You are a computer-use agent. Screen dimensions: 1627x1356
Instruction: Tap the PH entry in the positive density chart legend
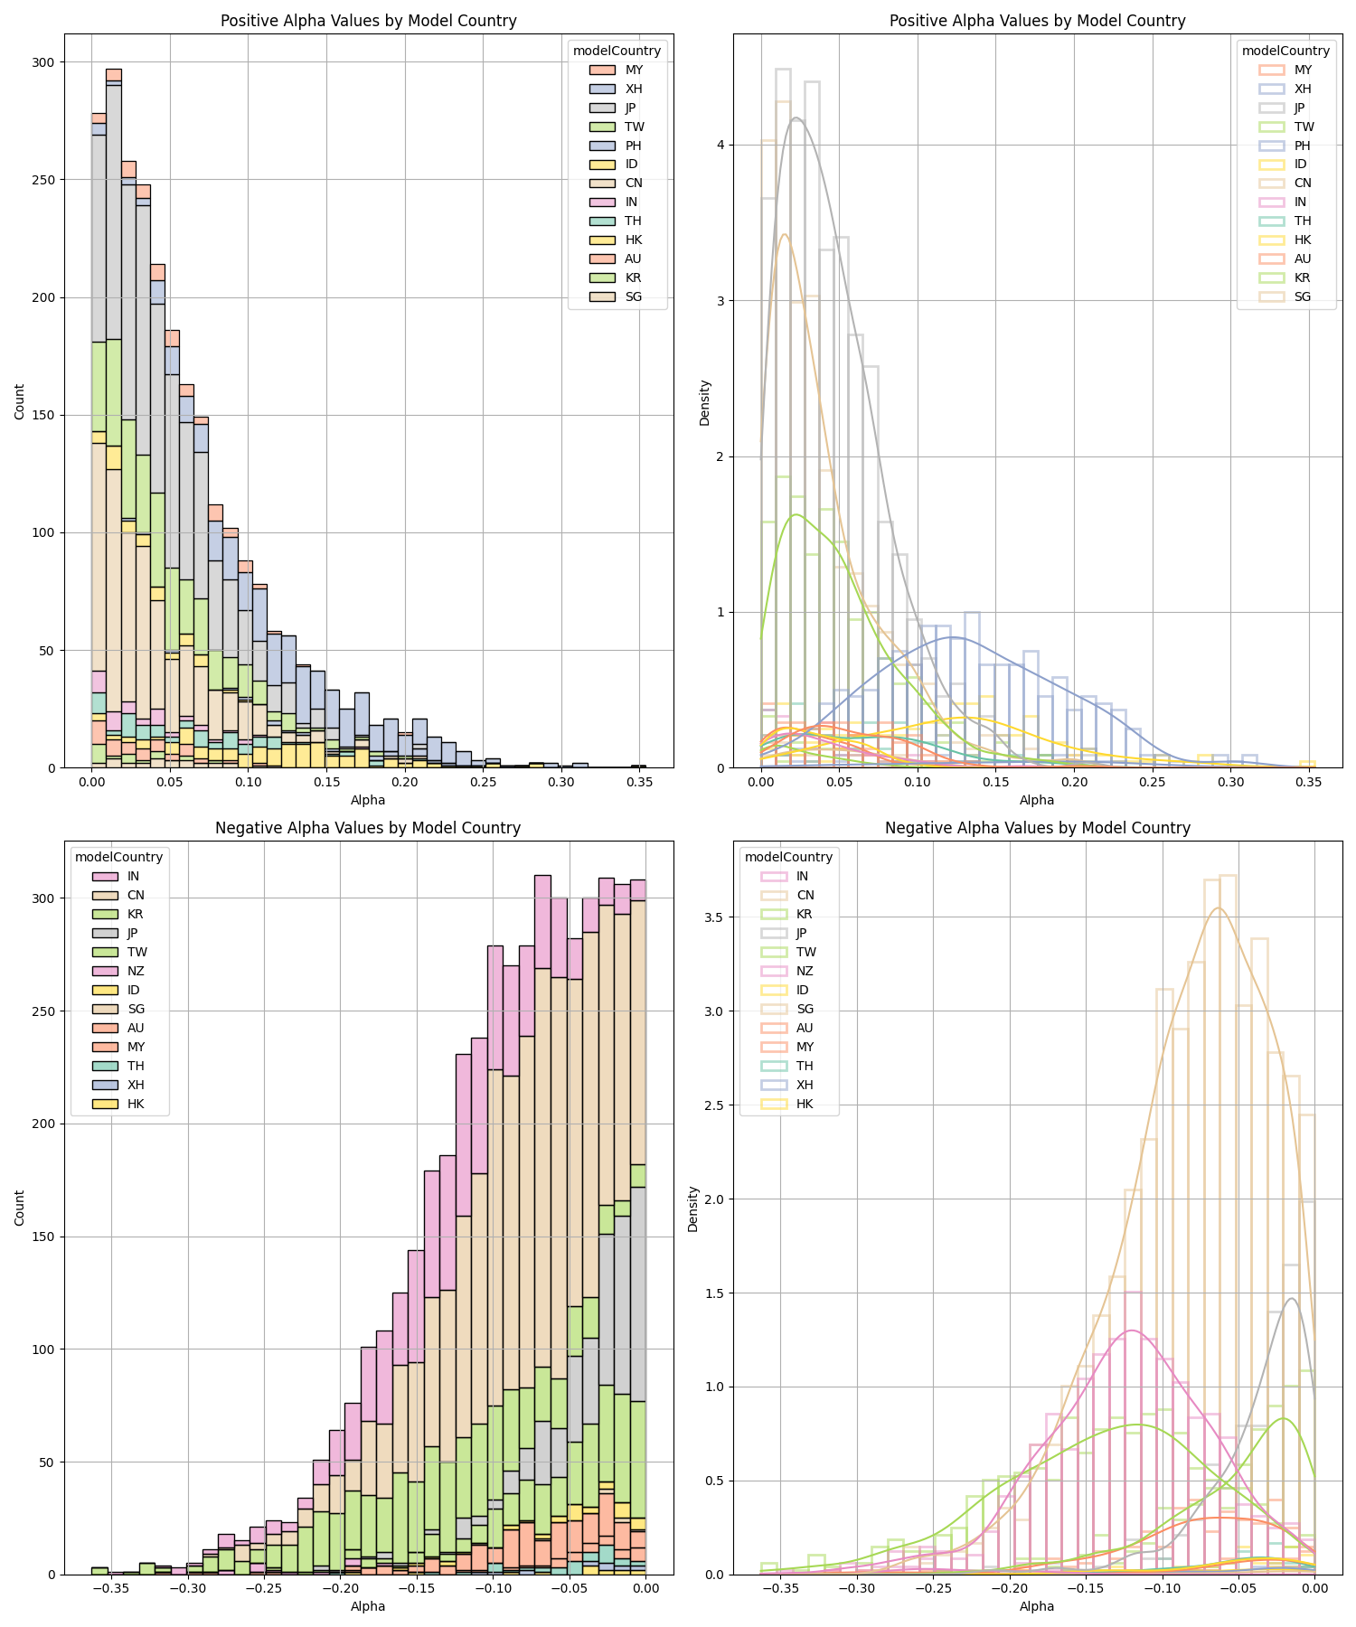click(x=1303, y=146)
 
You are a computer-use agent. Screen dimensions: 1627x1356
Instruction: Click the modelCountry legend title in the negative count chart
click(x=118, y=857)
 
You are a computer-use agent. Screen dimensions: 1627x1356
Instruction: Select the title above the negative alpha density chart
click(x=1037, y=828)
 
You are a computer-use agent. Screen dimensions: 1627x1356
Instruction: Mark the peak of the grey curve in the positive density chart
click(x=796, y=118)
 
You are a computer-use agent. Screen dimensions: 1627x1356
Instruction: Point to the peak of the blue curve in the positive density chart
click(x=952, y=637)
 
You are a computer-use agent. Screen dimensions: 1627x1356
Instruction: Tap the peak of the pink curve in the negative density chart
click(x=1130, y=1331)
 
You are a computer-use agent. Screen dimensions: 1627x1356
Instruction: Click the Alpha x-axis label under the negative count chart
click(x=368, y=1606)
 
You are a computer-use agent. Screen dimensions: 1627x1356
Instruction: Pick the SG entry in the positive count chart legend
click(x=634, y=297)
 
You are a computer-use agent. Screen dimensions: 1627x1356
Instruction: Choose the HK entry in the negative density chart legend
click(x=805, y=1104)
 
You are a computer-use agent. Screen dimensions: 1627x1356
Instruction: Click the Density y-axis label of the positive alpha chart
click(x=705, y=402)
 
